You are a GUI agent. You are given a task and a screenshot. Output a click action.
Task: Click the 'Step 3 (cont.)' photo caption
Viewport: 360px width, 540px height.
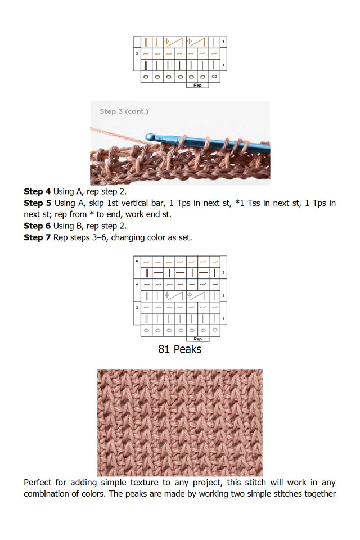coord(124,111)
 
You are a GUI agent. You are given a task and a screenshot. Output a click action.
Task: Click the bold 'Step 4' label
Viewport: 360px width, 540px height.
coord(37,192)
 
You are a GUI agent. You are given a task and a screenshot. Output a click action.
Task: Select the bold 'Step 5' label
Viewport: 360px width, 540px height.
coord(37,203)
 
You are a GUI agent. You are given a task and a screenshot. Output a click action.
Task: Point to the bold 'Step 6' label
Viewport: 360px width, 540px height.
coord(37,226)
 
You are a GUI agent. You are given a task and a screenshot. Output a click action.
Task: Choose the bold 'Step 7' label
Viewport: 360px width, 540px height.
coord(37,237)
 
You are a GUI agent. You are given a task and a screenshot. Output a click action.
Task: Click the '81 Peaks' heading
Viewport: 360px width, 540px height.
coord(180,349)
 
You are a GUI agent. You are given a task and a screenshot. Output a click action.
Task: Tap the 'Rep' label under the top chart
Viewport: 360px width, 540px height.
coord(197,85)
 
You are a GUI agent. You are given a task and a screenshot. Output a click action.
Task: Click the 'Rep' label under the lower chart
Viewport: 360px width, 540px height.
coord(197,339)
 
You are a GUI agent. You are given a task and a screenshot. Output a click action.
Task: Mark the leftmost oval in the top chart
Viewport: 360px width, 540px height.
coord(146,76)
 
